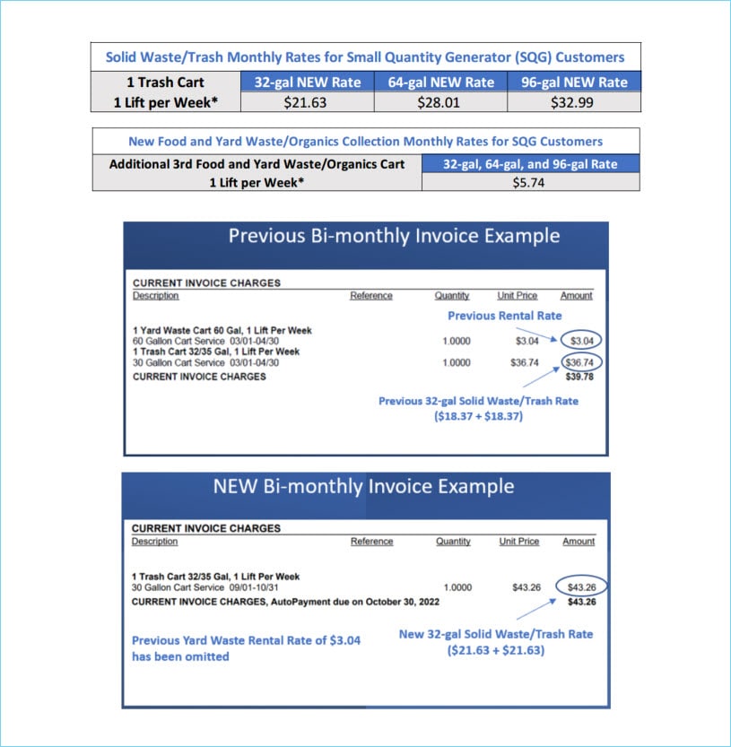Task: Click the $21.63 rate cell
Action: click(305, 102)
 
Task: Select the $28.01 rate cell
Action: click(439, 102)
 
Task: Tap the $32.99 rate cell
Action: click(574, 102)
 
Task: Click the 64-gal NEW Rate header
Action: click(440, 82)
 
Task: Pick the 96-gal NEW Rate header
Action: click(574, 82)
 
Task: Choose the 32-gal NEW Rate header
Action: click(306, 82)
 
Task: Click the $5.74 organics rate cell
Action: click(530, 182)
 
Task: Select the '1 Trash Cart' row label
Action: click(165, 82)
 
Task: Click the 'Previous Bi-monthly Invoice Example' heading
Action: click(394, 236)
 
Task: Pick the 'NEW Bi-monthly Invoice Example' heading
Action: click(363, 486)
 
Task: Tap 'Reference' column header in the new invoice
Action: click(371, 542)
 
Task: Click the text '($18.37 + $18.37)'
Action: click(478, 416)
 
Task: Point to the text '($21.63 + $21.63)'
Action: click(496, 649)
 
